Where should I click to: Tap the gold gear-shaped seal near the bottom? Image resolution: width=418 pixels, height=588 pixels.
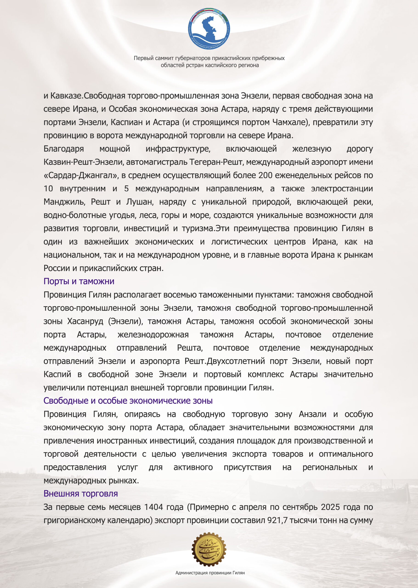point(209,549)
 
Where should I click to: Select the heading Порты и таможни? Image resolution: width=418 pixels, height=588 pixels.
point(79,281)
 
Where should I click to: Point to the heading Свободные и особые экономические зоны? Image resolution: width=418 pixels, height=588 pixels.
point(128,401)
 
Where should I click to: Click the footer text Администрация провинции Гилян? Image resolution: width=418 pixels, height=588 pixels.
point(210,573)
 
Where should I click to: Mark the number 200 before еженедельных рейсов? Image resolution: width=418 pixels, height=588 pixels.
point(265,175)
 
